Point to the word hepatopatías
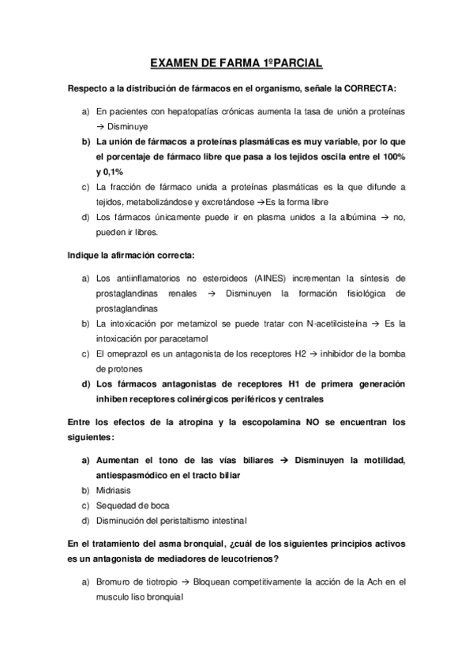coord(182,112)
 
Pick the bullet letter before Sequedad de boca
coord(85,505)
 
